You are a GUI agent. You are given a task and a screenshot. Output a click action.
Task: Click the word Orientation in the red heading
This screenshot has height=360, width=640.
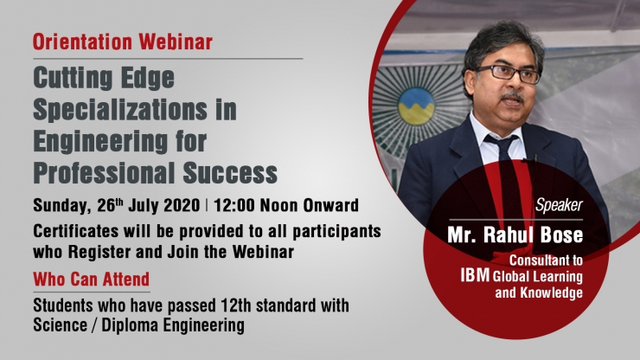(x=82, y=42)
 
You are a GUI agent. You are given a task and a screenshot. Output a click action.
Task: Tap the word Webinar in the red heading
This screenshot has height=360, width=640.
(x=176, y=42)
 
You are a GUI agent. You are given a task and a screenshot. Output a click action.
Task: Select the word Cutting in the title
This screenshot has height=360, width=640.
(x=73, y=79)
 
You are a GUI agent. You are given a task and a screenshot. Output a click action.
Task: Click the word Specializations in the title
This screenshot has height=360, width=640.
(x=120, y=110)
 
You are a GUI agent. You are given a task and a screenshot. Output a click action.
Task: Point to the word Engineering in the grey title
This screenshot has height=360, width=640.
(x=100, y=143)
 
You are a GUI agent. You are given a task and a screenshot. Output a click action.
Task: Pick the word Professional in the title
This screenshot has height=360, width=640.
(x=104, y=173)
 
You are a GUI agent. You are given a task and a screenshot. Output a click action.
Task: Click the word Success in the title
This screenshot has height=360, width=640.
(x=230, y=173)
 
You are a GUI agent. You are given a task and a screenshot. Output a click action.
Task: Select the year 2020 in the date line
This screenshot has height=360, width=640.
(x=182, y=205)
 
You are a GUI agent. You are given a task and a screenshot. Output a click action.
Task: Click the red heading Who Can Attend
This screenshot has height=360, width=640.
(x=92, y=280)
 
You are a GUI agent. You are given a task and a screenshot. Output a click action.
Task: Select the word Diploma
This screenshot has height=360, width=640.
(x=130, y=325)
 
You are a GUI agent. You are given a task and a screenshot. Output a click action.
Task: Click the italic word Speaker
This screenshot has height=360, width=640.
(x=560, y=205)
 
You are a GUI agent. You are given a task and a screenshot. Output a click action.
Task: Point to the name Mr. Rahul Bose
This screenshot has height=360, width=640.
(x=515, y=235)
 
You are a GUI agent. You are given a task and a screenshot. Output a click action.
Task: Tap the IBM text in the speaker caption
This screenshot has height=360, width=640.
(x=475, y=275)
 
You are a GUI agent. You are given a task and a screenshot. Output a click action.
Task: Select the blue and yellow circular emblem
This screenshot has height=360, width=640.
(x=416, y=106)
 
